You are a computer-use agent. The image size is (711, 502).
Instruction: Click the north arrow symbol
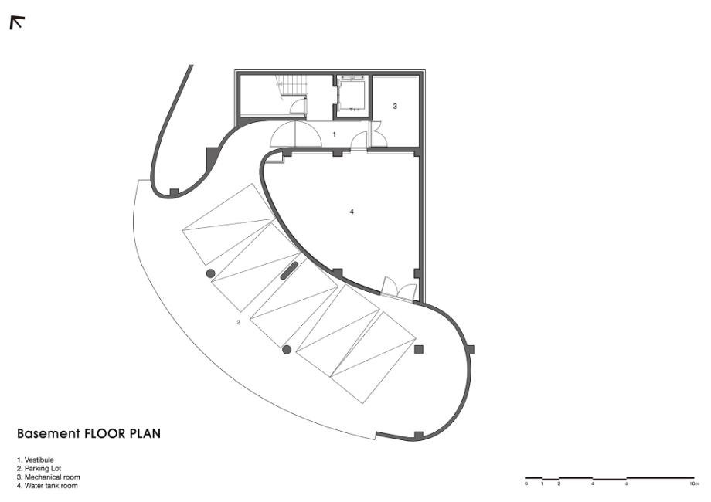tap(17, 22)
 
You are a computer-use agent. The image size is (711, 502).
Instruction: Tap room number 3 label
tap(395, 106)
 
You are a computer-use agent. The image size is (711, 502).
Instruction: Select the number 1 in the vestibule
tap(335, 134)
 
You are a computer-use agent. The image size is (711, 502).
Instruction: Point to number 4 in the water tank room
tap(352, 212)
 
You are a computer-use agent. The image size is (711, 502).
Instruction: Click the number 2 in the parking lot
tap(238, 323)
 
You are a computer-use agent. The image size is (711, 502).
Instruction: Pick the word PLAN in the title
tap(145, 433)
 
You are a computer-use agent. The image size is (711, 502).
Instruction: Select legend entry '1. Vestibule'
tap(36, 460)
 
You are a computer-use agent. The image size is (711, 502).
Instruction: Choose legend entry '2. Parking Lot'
tap(39, 469)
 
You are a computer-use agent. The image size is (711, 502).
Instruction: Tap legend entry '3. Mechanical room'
tap(49, 477)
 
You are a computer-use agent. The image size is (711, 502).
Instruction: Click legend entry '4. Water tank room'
tap(47, 486)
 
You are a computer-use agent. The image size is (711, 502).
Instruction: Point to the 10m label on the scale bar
tap(694, 484)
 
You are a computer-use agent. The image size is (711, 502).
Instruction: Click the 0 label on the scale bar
tap(526, 484)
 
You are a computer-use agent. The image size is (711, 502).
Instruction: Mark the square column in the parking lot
tap(419, 350)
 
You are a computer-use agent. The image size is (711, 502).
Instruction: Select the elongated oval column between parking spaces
tap(289, 270)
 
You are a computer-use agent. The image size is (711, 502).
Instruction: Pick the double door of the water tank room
tap(399, 288)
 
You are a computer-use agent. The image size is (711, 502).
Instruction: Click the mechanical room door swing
tap(378, 134)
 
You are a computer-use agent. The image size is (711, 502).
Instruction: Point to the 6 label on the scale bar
tap(627, 484)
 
